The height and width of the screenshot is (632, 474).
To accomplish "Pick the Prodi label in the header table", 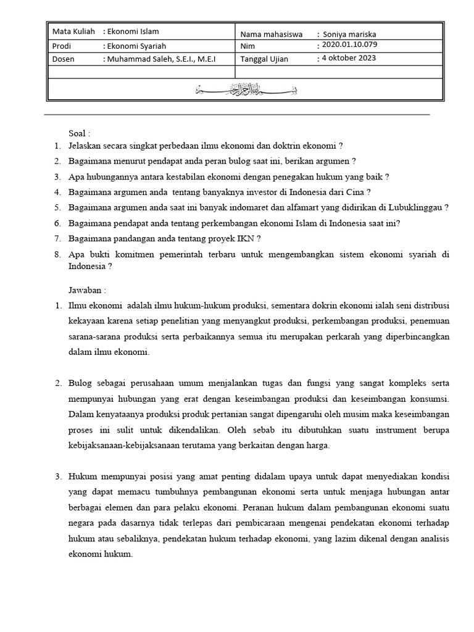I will click(63, 46).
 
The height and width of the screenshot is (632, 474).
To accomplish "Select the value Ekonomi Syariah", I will click(136, 46).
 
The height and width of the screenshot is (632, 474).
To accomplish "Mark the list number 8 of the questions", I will click(56, 253).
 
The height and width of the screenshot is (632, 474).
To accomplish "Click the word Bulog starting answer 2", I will click(80, 383).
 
